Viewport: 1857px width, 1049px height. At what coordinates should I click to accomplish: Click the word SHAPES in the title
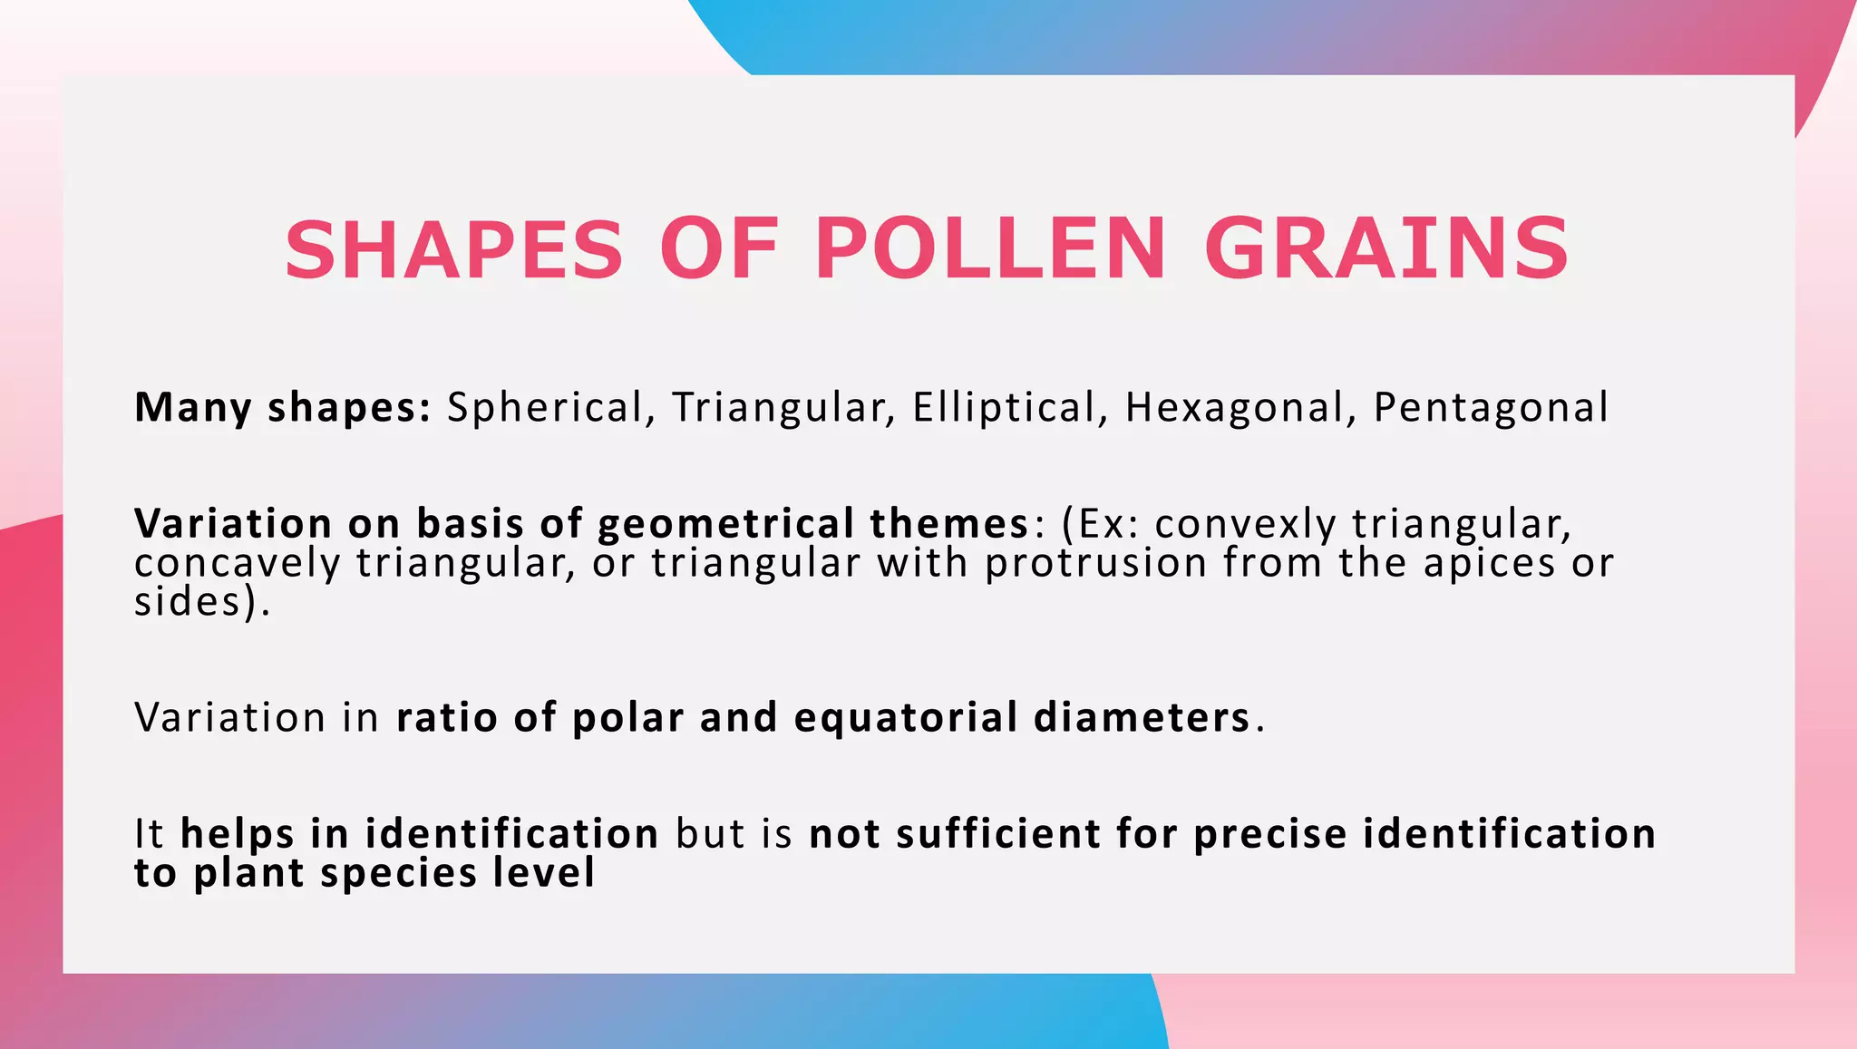click(x=454, y=249)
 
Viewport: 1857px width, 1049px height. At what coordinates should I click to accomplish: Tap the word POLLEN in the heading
click(x=989, y=249)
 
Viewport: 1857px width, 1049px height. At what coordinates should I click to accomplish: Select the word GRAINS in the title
click(x=1386, y=249)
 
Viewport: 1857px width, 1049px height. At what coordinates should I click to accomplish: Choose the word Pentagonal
click(x=1491, y=408)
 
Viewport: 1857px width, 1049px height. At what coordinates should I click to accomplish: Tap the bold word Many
click(x=193, y=408)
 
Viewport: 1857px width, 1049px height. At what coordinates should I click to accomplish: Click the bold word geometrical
click(x=725, y=524)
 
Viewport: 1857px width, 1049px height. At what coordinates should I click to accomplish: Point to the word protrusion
click(x=1096, y=563)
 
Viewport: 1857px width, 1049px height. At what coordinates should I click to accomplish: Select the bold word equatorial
click(x=906, y=718)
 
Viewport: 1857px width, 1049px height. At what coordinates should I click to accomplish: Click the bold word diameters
click(x=1142, y=718)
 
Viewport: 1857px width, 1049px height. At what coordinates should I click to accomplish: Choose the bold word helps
click(x=238, y=834)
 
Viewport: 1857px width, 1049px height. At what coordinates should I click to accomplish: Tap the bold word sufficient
click(x=997, y=834)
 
